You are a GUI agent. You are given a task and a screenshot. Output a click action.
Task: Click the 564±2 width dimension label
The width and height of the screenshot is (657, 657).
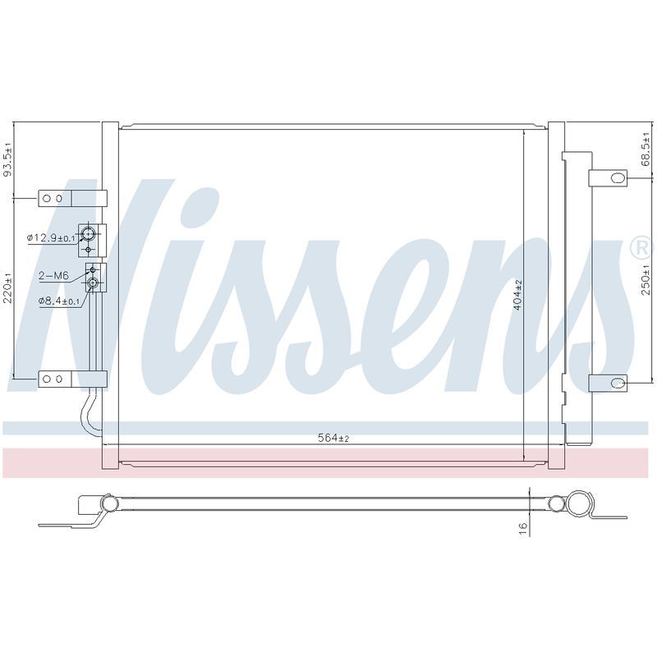click(x=333, y=439)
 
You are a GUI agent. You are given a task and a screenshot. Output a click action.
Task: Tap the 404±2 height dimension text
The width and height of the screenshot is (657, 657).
click(x=518, y=295)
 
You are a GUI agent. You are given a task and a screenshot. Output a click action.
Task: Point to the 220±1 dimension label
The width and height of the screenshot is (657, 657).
click(x=8, y=288)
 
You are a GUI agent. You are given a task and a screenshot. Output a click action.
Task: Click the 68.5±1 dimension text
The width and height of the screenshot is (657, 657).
click(x=646, y=149)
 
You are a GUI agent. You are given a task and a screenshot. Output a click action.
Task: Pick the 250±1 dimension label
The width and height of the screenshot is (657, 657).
click(x=646, y=280)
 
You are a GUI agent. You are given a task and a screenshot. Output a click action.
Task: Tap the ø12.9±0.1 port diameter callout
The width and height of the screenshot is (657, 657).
click(x=51, y=238)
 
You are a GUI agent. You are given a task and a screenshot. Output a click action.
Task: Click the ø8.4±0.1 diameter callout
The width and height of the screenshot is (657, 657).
click(x=59, y=301)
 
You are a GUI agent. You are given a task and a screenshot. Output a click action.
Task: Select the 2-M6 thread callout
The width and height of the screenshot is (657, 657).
click(x=53, y=276)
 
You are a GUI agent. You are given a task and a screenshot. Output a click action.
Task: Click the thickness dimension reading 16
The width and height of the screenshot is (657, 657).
click(x=523, y=526)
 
